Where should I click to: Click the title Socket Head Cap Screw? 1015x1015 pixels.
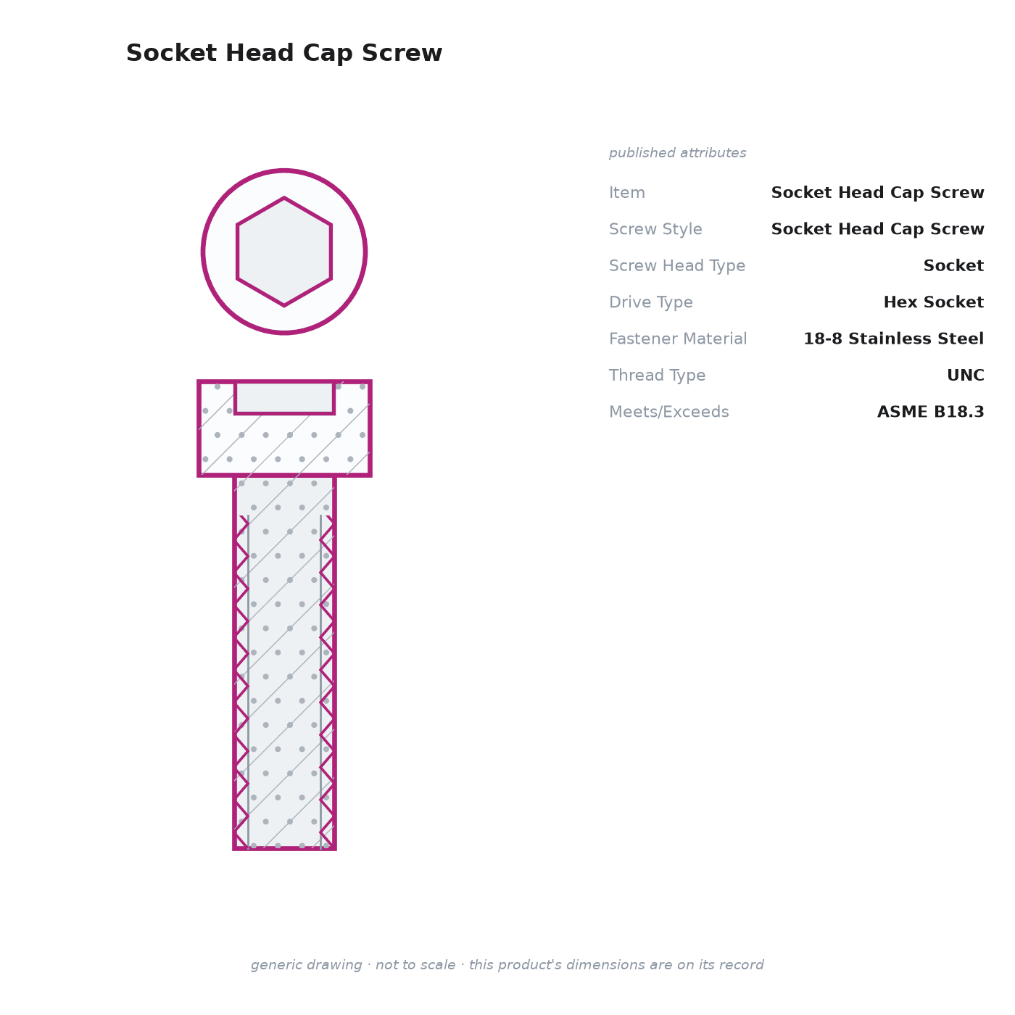[x=284, y=53]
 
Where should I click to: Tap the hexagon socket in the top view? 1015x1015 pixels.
[x=284, y=252]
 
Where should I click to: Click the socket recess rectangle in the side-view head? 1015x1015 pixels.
[x=284, y=398]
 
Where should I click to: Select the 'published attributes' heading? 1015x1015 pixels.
[x=677, y=153]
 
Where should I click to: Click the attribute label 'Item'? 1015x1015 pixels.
[x=627, y=192]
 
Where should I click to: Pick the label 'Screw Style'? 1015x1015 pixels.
[x=655, y=229]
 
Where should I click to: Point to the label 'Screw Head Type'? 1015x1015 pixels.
[x=677, y=265]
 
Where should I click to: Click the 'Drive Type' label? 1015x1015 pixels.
[x=650, y=302]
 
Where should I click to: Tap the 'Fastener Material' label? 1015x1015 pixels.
[x=678, y=338]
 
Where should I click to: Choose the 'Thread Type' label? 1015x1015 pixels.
[x=657, y=375]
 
